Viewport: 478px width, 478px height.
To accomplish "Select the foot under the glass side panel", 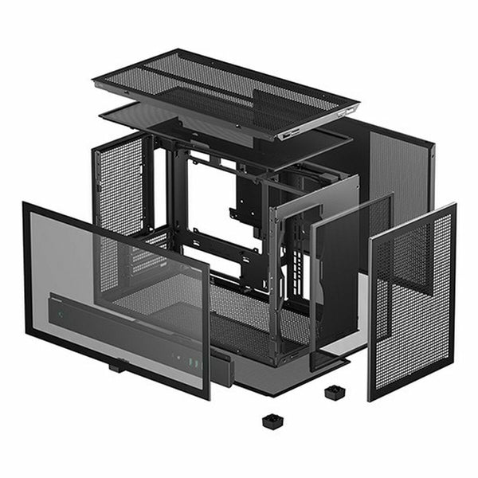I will (x=117, y=367).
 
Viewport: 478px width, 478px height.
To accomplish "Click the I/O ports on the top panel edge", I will (x=291, y=134).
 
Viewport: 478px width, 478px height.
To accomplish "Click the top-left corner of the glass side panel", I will (x=25, y=206).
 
